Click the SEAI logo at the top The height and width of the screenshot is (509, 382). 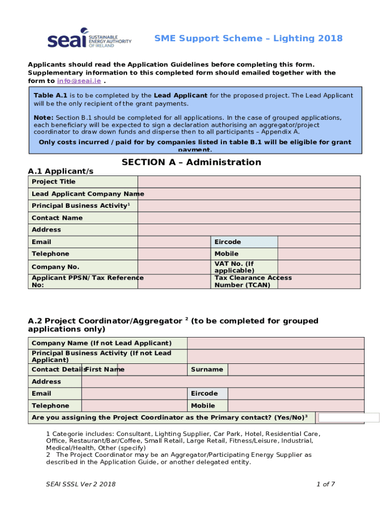click(x=89, y=38)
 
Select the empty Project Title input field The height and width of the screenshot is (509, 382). click(x=249, y=181)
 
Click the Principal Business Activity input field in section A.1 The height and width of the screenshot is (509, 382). click(x=249, y=206)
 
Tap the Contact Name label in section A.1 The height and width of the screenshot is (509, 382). click(x=57, y=218)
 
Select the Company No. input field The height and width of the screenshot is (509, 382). click(x=174, y=267)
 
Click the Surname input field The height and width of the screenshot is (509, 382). click(x=296, y=369)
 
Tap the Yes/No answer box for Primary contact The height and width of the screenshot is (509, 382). click(x=348, y=418)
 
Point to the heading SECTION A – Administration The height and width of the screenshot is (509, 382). click(x=191, y=162)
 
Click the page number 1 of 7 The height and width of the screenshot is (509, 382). click(x=325, y=484)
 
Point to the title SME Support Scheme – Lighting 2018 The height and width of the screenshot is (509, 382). click(x=248, y=38)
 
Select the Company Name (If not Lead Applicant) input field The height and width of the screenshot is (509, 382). click(x=275, y=343)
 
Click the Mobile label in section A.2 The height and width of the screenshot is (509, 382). click(x=203, y=406)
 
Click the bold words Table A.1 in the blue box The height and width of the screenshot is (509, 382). click(x=50, y=95)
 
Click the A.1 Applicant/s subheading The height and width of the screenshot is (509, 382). click(x=60, y=171)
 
